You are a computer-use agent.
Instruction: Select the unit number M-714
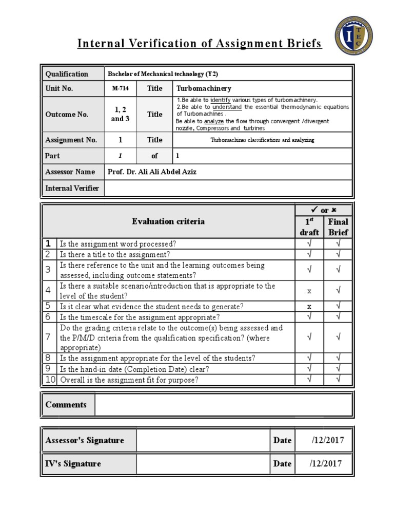coord(121,88)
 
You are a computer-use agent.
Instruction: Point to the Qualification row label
coord(67,74)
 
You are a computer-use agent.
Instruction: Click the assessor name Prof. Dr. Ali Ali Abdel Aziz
coord(152,172)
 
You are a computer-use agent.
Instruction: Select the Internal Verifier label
coord(72,188)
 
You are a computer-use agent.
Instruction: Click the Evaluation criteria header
coord(168,221)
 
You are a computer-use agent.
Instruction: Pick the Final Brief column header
coord(338,227)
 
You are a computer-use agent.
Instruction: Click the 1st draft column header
coord(309,227)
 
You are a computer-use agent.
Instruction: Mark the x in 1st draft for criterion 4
coord(309,291)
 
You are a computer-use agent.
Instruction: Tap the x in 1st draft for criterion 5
coord(309,307)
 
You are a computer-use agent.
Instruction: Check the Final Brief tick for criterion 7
coord(338,337)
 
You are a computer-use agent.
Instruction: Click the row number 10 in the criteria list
coord(50,380)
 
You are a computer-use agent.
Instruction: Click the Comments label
coord(66,405)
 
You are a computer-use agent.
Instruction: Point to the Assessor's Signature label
coord(85,440)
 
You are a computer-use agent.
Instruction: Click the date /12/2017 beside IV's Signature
coord(327,464)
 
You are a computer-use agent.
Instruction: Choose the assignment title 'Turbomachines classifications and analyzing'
coord(262,140)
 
